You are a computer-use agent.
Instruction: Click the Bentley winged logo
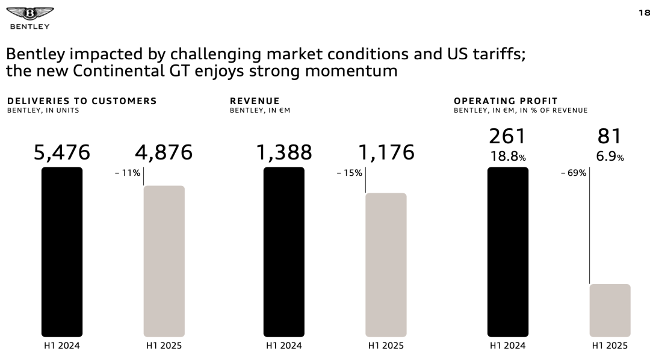pyautogui.click(x=29, y=14)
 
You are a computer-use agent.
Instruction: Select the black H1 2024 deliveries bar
pyautogui.click(x=62, y=252)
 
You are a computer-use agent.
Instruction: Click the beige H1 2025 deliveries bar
pyautogui.click(x=164, y=261)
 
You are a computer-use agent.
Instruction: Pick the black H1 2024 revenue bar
pyautogui.click(x=284, y=252)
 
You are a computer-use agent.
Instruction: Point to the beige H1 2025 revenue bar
pyautogui.click(x=386, y=265)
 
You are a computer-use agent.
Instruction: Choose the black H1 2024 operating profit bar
pyautogui.click(x=508, y=252)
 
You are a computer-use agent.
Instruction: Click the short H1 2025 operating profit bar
pyautogui.click(x=610, y=310)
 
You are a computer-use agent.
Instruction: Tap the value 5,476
pyautogui.click(x=62, y=152)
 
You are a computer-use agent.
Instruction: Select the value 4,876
pyautogui.click(x=164, y=152)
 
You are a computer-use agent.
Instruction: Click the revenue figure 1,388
pyautogui.click(x=284, y=152)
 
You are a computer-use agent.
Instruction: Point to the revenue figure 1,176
pyautogui.click(x=386, y=152)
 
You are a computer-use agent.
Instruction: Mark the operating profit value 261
pyautogui.click(x=508, y=136)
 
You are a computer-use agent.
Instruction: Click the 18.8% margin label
pyautogui.click(x=508, y=157)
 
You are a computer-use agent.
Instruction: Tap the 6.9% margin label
pyautogui.click(x=610, y=157)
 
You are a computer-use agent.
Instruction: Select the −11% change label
pyautogui.click(x=128, y=173)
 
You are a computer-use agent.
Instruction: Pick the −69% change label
pyautogui.click(x=573, y=173)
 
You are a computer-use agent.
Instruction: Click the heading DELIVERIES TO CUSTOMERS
pyautogui.click(x=82, y=101)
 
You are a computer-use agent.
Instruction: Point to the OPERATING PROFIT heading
pyautogui.click(x=506, y=101)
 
